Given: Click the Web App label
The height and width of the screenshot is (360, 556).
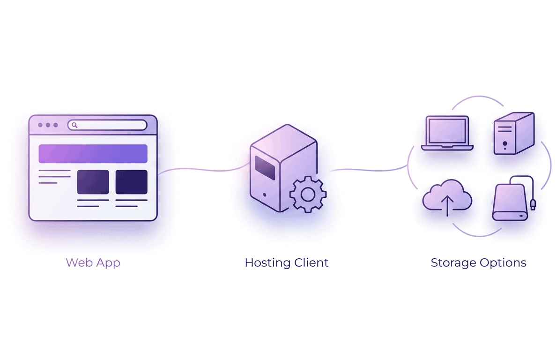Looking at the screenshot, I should pos(93,262).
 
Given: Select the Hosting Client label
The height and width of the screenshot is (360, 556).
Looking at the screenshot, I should pos(286,262).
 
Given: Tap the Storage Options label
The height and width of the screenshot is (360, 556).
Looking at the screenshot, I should pos(478,262).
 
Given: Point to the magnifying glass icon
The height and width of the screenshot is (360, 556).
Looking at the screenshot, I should pos(74,125).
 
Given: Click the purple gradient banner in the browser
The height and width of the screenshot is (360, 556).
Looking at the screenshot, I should pos(93,154).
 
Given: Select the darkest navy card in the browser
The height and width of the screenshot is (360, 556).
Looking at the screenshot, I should pos(131,182).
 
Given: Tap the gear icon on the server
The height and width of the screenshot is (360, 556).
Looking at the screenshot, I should pos(308,194).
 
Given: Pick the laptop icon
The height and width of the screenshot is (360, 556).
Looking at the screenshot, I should pos(447,133).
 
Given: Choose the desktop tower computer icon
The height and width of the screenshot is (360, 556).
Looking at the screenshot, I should pos(513,134).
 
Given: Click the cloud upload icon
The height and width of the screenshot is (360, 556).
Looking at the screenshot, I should pos(447,197).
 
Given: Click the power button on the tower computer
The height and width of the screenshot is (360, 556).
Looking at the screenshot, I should pos(504,143).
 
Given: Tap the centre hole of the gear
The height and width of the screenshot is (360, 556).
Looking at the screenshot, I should pos(308,194).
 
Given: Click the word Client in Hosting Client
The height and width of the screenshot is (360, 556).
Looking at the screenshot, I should pos(311,262).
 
